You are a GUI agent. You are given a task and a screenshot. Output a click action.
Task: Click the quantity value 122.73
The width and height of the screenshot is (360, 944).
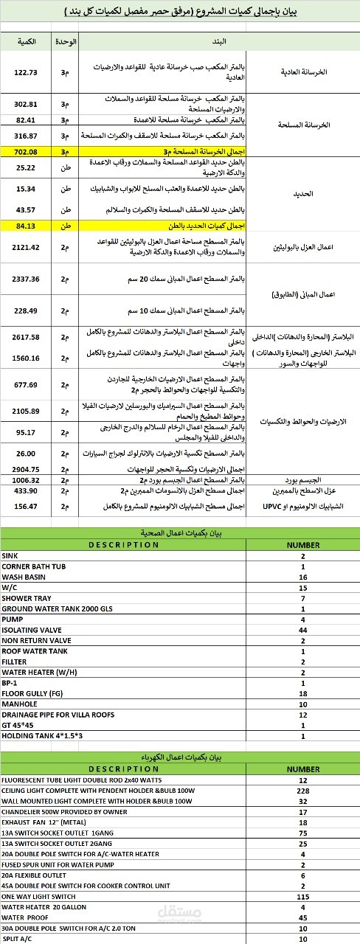(27, 72)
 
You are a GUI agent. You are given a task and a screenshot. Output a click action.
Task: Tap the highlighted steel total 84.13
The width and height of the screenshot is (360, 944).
(27, 225)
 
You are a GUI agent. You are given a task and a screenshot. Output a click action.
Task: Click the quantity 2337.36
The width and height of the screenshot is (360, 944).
(27, 280)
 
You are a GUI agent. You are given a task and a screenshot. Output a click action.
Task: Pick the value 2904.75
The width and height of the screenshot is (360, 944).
(27, 468)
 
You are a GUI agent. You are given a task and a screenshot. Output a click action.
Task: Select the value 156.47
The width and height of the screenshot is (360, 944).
(27, 506)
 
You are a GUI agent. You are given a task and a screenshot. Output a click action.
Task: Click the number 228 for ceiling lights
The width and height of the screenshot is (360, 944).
(303, 790)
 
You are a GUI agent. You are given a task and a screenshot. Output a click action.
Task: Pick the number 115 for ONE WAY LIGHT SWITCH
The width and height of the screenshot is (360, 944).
(303, 896)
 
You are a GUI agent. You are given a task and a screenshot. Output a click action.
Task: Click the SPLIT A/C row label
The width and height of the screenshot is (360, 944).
(18, 939)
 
